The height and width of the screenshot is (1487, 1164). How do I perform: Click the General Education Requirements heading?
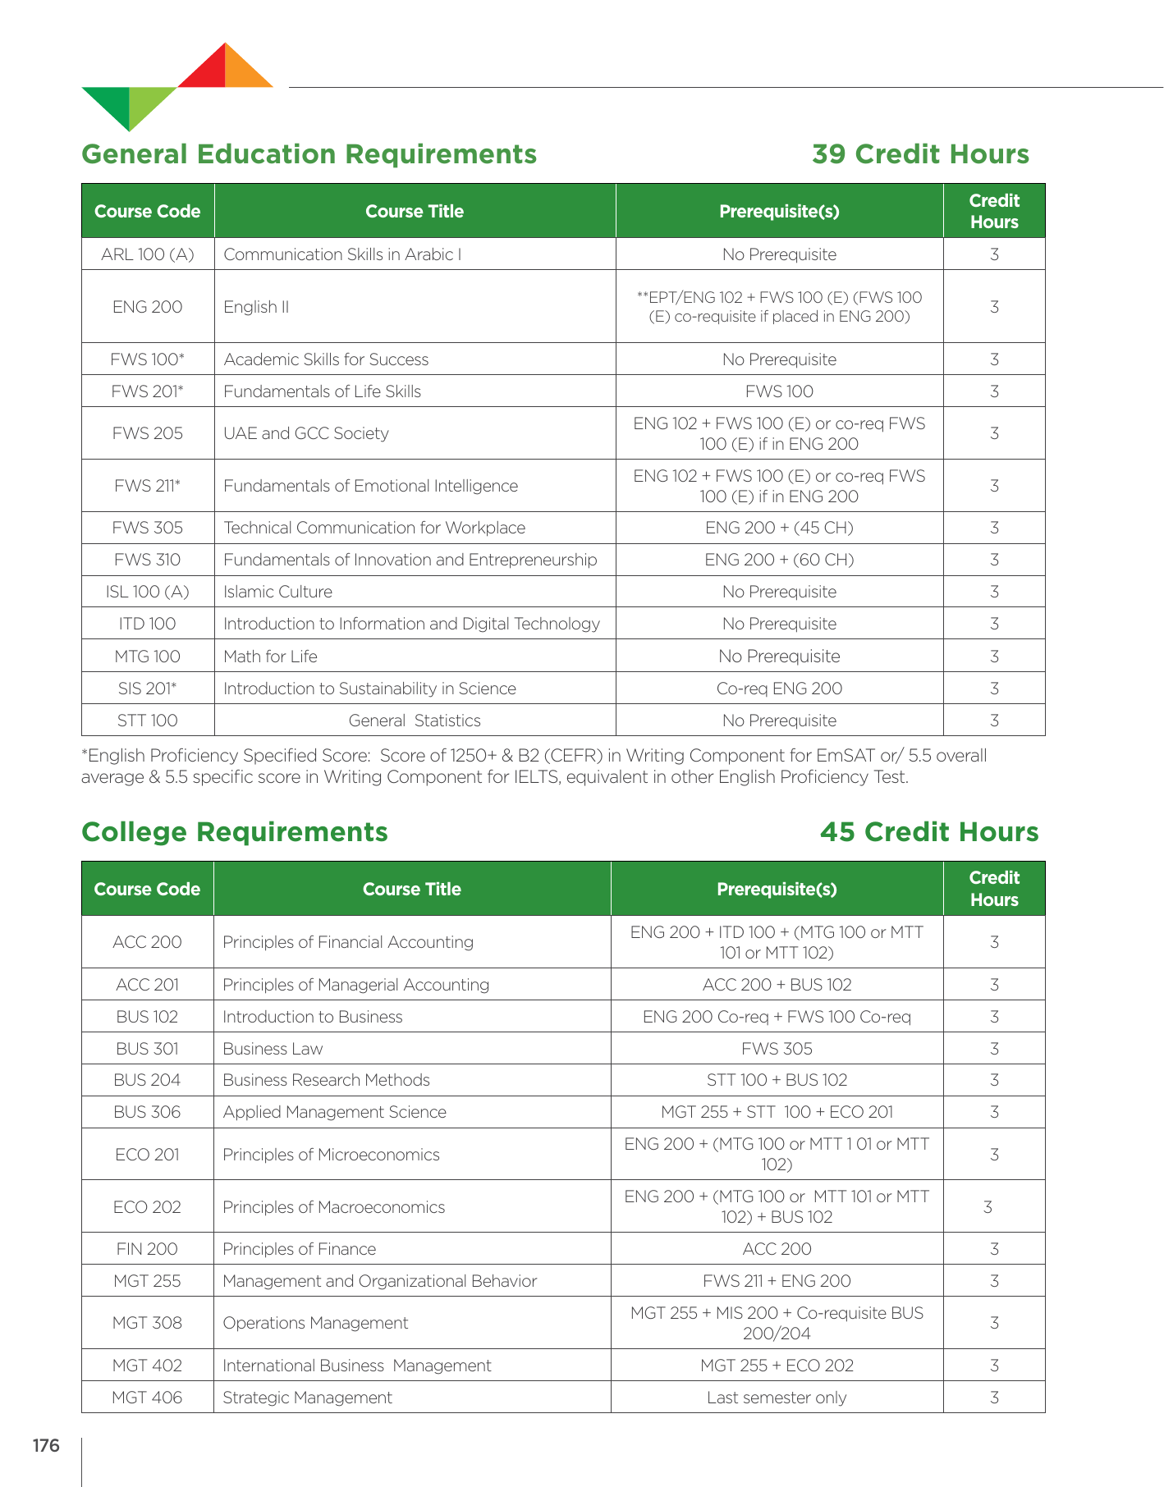click(309, 154)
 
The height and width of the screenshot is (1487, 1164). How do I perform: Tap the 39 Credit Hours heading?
click(920, 154)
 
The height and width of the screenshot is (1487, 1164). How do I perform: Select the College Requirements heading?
click(235, 832)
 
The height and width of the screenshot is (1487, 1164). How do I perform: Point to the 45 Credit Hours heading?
click(929, 832)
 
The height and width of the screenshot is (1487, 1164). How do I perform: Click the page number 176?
click(46, 1446)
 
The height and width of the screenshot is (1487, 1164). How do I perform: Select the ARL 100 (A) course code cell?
click(148, 254)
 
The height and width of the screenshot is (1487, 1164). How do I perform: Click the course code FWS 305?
click(148, 528)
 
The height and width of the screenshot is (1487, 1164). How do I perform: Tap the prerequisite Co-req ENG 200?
click(779, 689)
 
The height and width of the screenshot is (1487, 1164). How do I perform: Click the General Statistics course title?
click(415, 721)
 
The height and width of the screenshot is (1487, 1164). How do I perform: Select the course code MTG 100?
click(148, 657)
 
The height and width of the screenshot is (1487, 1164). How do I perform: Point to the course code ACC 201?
click(148, 985)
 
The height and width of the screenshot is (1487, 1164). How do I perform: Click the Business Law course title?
click(273, 1049)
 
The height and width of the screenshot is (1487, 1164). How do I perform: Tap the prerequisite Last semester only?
click(777, 1398)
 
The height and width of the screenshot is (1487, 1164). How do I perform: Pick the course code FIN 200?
click(148, 1249)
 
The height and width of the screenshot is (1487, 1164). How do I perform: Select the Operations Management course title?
click(315, 1323)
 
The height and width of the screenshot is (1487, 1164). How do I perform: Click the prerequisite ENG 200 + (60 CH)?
click(779, 560)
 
